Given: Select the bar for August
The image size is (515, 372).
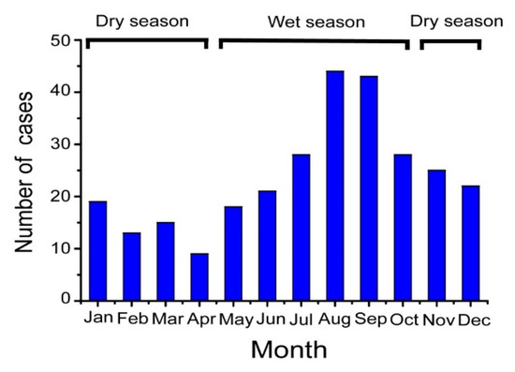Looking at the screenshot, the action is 335,186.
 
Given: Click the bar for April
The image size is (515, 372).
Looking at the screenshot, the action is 199,277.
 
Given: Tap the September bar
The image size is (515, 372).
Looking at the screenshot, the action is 369,188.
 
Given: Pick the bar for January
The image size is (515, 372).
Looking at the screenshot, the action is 98,251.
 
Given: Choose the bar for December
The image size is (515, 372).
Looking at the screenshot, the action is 471,244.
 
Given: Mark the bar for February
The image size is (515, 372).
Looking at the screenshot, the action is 132,266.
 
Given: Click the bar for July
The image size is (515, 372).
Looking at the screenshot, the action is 302,228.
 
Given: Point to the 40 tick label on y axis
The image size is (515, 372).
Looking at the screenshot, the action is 61,92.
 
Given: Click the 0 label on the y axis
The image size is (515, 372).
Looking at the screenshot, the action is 66,299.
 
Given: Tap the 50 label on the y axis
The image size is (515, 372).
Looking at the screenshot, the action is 61,40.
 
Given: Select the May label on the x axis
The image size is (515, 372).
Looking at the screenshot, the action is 236,320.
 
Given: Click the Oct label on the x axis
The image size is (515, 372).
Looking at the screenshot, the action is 405,320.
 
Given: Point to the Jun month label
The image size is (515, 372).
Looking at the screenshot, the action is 271,320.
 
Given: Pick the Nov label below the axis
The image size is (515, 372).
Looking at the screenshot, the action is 439,320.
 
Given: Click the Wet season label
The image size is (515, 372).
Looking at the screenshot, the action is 316,22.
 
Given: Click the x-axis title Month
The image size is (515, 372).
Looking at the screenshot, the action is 289,350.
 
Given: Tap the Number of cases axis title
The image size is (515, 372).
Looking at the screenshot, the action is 24,171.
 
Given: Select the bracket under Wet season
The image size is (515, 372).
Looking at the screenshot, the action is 315,40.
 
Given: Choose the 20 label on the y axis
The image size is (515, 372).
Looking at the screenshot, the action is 61,196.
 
